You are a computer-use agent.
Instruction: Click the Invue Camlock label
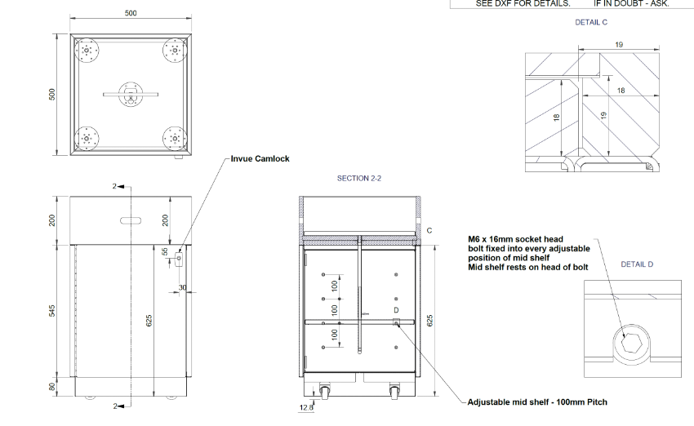[260, 159]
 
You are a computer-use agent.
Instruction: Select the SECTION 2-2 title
[359, 178]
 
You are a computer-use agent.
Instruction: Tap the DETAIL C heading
[591, 22]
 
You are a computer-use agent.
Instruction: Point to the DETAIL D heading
[637, 264]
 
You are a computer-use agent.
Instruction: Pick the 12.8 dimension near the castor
[306, 407]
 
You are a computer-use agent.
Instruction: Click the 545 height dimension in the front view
[52, 311]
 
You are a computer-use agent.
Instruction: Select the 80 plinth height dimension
[52, 387]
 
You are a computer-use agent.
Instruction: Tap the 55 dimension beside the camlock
[165, 251]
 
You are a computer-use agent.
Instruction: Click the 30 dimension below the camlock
[182, 287]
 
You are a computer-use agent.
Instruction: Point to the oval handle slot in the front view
[131, 220]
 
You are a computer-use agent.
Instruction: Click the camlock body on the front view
[179, 259]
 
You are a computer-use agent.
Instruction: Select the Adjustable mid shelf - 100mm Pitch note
[537, 402]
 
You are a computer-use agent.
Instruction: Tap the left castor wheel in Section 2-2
[325, 392]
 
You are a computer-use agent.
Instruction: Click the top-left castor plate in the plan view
[87, 51]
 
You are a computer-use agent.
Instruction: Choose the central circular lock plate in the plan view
[131, 94]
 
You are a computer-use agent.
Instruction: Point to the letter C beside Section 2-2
[429, 230]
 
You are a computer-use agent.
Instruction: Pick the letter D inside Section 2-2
[396, 310]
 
